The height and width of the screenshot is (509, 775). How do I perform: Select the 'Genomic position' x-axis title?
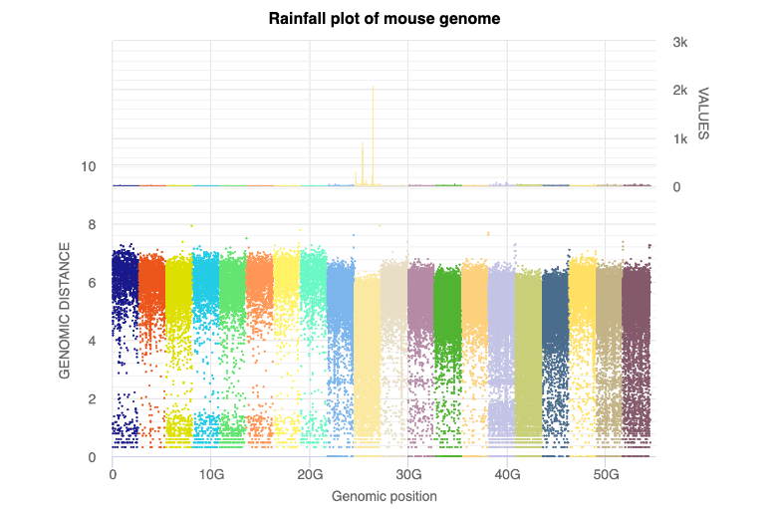click(385, 495)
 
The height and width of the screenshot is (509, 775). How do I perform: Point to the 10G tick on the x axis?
click(211, 475)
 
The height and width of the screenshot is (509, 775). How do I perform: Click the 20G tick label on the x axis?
click(310, 475)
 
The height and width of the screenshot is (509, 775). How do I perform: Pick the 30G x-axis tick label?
click(408, 475)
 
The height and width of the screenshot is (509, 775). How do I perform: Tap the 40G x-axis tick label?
click(507, 475)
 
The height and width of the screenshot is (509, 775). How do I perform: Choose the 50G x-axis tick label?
click(606, 475)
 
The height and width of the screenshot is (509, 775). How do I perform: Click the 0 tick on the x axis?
click(113, 475)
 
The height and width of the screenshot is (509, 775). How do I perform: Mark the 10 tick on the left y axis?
click(89, 166)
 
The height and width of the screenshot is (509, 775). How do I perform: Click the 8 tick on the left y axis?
click(92, 225)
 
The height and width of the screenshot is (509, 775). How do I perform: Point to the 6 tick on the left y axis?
click(92, 283)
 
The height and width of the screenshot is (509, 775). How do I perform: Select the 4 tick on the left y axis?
click(92, 341)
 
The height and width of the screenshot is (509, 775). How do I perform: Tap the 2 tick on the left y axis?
click(92, 399)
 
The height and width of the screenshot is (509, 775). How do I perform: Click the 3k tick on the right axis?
click(681, 42)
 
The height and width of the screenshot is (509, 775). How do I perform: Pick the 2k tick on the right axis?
click(681, 91)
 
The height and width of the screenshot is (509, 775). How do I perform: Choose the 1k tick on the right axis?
click(681, 138)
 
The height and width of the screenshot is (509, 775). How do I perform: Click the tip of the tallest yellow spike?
click(373, 86)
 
